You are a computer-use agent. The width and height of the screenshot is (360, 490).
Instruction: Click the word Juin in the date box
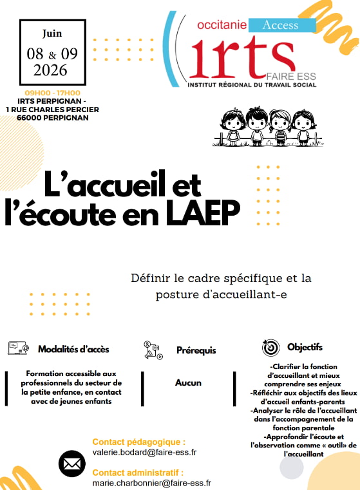point(53,33)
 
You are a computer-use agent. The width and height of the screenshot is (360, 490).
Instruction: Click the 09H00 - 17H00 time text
point(53,93)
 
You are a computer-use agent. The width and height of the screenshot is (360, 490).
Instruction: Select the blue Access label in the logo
point(280,25)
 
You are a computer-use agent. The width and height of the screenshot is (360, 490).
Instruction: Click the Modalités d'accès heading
point(73,349)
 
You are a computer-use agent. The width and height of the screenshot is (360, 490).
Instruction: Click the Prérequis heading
point(196,350)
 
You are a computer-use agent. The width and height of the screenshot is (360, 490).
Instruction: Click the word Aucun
point(188,382)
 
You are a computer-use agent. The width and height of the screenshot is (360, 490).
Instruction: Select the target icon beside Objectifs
point(270,348)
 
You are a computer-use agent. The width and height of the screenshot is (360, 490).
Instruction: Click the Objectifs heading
point(305,347)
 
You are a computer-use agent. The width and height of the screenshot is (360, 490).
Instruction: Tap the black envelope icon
point(71,463)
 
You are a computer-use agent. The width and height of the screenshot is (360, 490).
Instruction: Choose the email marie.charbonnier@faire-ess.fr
point(151,482)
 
